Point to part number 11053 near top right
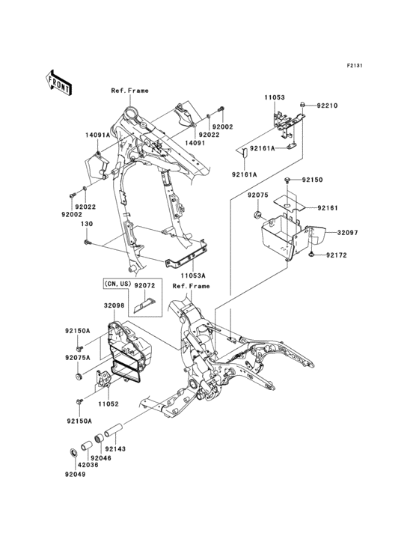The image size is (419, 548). [x=274, y=97]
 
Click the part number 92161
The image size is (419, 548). [x=328, y=207]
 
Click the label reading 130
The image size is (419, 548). [x=87, y=223]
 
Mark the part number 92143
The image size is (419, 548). [x=126, y=448]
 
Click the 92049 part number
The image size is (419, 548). [x=75, y=475]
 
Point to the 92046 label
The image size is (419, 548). [x=102, y=457]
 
